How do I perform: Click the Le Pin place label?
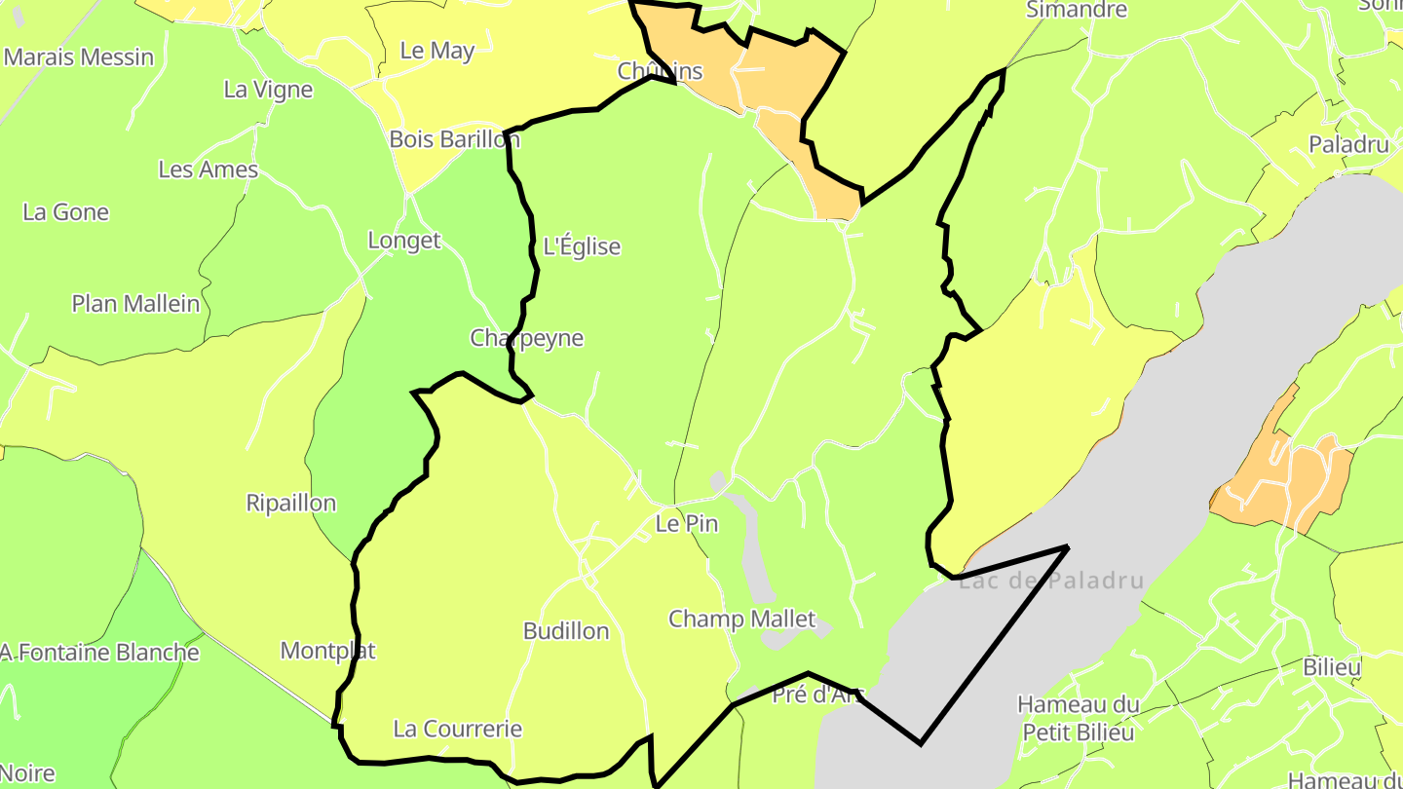pyautogui.click(x=687, y=523)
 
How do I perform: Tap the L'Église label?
pyautogui.click(x=582, y=246)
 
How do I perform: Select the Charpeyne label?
pyautogui.click(x=526, y=338)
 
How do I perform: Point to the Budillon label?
pyautogui.click(x=566, y=630)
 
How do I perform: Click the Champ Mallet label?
pyautogui.click(x=741, y=619)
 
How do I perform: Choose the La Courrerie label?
pyautogui.click(x=457, y=729)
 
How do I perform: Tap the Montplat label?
pyautogui.click(x=328, y=650)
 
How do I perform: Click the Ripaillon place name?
pyautogui.click(x=291, y=503)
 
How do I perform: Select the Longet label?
pyautogui.click(x=404, y=240)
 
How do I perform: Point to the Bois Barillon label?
pyautogui.click(x=454, y=138)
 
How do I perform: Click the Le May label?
pyautogui.click(x=437, y=51)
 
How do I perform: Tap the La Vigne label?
pyautogui.click(x=268, y=90)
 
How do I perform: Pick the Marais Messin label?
pyautogui.click(x=79, y=56)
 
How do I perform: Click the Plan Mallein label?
pyautogui.click(x=135, y=303)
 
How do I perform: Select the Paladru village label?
pyautogui.click(x=1348, y=145)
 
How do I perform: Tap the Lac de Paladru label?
pyautogui.click(x=1050, y=582)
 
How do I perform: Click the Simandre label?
pyautogui.click(x=1077, y=10)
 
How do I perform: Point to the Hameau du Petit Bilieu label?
pyautogui.click(x=1079, y=718)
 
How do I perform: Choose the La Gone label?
pyautogui.click(x=65, y=211)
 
